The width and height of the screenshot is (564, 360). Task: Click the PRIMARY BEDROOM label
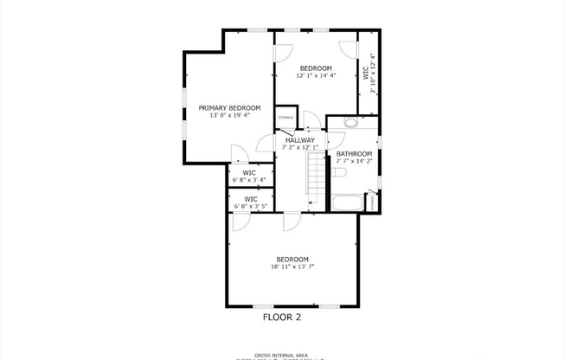click(229, 107)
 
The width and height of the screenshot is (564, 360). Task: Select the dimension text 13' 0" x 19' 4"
click(229, 115)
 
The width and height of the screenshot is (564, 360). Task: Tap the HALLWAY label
click(300, 140)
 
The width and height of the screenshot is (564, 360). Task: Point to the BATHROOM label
click(354, 154)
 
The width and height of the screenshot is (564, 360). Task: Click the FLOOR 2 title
click(282, 318)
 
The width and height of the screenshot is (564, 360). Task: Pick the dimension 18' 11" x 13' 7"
click(292, 267)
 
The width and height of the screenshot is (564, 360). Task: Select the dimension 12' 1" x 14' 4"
click(316, 75)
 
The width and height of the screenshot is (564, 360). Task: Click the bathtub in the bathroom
click(349, 203)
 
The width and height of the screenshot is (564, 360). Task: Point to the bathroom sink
click(350, 123)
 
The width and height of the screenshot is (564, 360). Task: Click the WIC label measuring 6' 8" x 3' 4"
click(249, 173)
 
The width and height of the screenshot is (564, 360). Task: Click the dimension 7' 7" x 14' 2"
click(354, 161)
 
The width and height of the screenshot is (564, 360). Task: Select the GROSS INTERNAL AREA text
click(282, 355)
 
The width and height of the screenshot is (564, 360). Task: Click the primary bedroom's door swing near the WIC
click(240, 154)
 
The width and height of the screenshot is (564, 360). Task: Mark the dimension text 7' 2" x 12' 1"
click(300, 147)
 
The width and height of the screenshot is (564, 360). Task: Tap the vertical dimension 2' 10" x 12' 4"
click(373, 73)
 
